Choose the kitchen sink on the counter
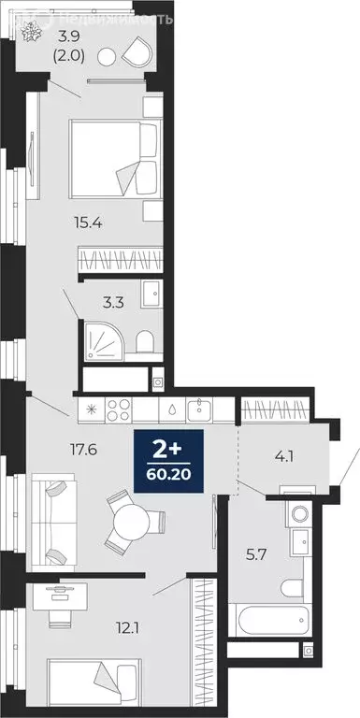click(x=199, y=409)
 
